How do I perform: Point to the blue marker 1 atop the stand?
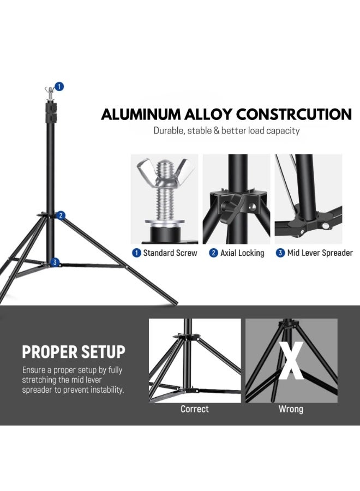[59, 86]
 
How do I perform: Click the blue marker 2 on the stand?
[61, 215]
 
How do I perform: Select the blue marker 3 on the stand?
[54, 262]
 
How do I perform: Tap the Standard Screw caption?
[166, 253]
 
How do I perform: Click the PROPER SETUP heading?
[73, 352]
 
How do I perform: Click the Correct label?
[195, 409]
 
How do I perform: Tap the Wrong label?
[291, 409]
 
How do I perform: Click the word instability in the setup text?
[105, 390]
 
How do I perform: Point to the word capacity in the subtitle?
[283, 131]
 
